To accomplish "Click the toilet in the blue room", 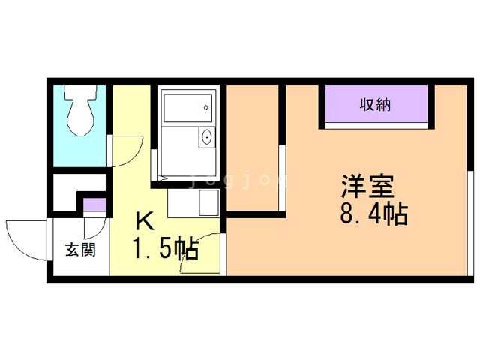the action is coord(80,110).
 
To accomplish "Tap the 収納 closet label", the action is coord(375,105).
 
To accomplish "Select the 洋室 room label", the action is coord(367,186).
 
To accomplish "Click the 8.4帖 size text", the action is coord(373,213).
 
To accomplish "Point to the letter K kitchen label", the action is coord(145,221).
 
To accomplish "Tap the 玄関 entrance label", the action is coord(80,250).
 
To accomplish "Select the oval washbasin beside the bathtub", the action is coord(207,137).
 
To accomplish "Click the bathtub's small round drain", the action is coord(206,107).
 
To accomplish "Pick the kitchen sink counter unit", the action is coord(193,203).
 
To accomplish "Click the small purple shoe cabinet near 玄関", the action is coord(94,205).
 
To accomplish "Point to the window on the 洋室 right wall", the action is coord(470,223).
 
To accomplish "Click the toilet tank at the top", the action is coord(80,91).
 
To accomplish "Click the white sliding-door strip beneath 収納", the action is coord(376,126).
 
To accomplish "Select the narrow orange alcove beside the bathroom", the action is coord(253,148).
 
